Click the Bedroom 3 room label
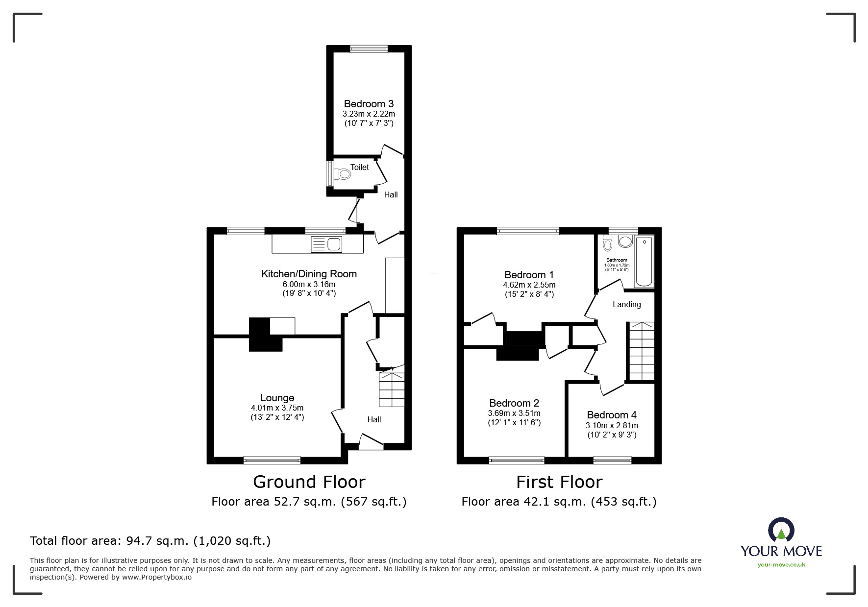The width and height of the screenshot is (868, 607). click(x=369, y=104)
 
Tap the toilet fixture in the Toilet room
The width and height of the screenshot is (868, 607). click(x=344, y=174)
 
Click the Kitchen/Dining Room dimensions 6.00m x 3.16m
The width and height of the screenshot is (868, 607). click(x=309, y=284)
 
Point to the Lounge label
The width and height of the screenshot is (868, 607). click(x=277, y=398)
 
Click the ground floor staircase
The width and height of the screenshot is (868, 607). click(x=392, y=390)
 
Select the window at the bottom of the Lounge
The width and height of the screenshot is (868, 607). click(x=272, y=460)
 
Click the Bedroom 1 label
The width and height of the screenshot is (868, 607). click(x=529, y=275)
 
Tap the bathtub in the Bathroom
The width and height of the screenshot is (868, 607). click(x=644, y=262)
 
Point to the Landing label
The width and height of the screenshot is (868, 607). click(x=626, y=305)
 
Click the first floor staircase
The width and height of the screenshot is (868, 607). click(x=641, y=351)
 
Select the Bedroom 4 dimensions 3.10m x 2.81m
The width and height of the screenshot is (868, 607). click(x=612, y=426)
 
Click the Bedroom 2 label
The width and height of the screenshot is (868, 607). click(x=514, y=403)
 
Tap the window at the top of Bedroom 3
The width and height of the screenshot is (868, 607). click(x=369, y=49)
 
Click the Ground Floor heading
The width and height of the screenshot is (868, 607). click(x=309, y=482)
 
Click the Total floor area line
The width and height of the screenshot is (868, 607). click(x=150, y=541)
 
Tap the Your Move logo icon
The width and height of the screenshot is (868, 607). click(x=781, y=530)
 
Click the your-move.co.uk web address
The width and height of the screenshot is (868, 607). click(x=781, y=565)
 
